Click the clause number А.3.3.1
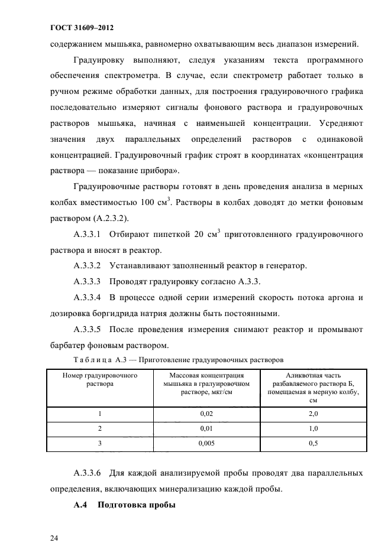[x=88, y=234]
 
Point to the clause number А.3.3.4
[x=88, y=296]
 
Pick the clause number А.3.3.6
[x=88, y=473]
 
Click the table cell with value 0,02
[x=207, y=414]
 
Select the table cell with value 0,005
[x=207, y=443]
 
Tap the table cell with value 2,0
[x=314, y=414]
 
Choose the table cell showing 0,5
[x=314, y=443]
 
